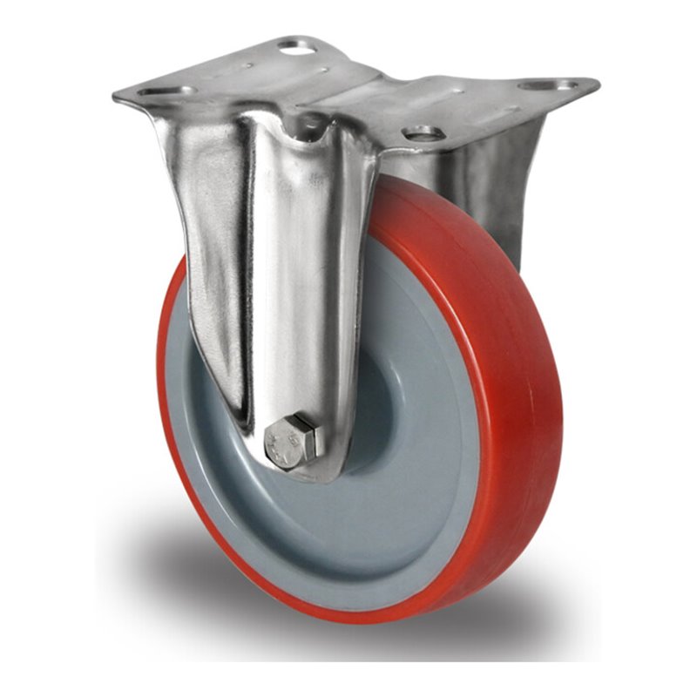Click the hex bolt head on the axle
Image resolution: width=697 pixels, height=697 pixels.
click(x=294, y=441)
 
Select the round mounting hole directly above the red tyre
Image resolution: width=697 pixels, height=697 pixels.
click(x=424, y=133)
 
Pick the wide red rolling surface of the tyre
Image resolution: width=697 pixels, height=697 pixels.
click(x=514, y=366)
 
